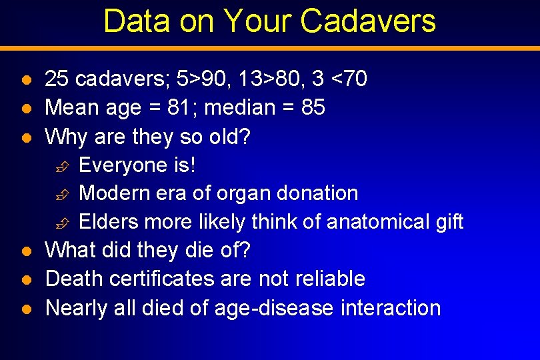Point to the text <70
point(349,79)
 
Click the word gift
point(449,221)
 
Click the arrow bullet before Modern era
point(61,194)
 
